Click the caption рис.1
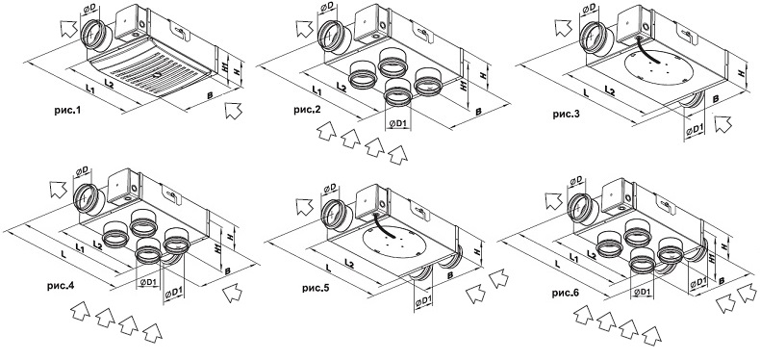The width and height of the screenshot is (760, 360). [x=67, y=111]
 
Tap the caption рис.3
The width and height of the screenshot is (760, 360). [x=566, y=115]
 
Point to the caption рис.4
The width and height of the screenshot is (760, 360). [x=61, y=286]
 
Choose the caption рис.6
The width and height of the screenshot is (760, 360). [x=565, y=294]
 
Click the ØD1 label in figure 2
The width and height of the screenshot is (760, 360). [x=397, y=124]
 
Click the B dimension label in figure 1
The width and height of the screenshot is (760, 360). [x=210, y=95]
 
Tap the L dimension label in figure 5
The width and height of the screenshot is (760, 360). [x=328, y=268]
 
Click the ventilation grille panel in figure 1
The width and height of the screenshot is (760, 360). [x=150, y=69]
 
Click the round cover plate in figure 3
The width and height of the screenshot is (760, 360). [x=659, y=67]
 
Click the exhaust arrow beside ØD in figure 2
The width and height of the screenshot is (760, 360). [x=305, y=28]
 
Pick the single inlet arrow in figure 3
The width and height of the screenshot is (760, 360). [x=723, y=123]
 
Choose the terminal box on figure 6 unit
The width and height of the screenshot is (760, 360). [x=617, y=195]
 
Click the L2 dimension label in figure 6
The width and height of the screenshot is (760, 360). [x=592, y=254]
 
